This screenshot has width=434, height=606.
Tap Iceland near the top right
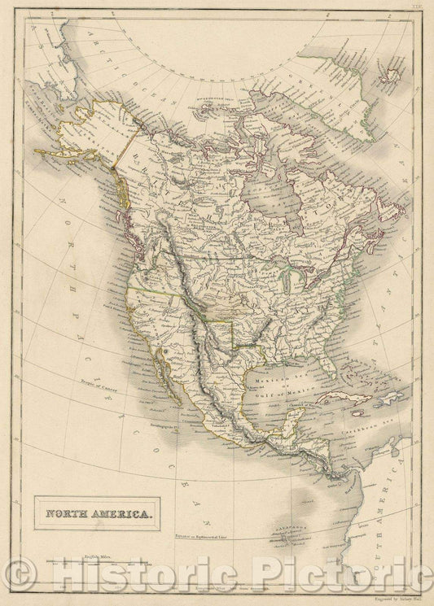tap(393, 74)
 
